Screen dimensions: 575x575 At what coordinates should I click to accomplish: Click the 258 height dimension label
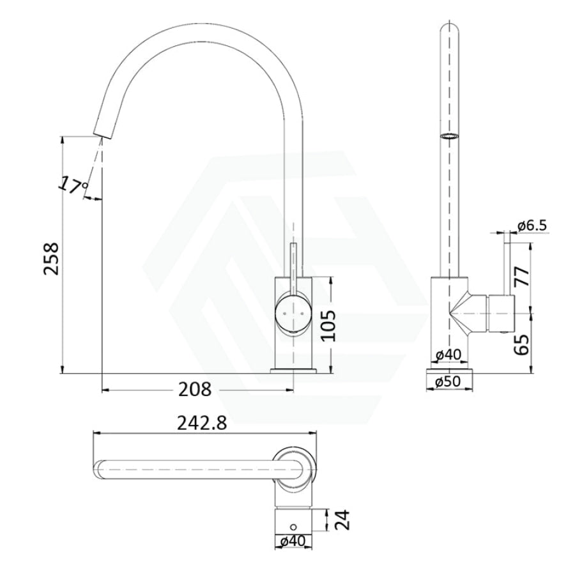click(51, 258)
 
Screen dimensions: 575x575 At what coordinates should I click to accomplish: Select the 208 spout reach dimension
click(195, 389)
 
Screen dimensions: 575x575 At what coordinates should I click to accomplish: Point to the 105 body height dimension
click(328, 326)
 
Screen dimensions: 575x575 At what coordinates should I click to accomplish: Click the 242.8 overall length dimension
click(202, 424)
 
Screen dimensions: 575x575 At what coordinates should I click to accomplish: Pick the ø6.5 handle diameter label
click(532, 226)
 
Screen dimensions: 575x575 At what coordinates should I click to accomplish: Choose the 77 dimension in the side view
click(522, 277)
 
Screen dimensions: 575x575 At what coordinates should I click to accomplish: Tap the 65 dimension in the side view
click(522, 344)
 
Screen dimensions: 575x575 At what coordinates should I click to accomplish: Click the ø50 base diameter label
click(448, 382)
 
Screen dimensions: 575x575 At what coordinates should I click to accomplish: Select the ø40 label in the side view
click(448, 355)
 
